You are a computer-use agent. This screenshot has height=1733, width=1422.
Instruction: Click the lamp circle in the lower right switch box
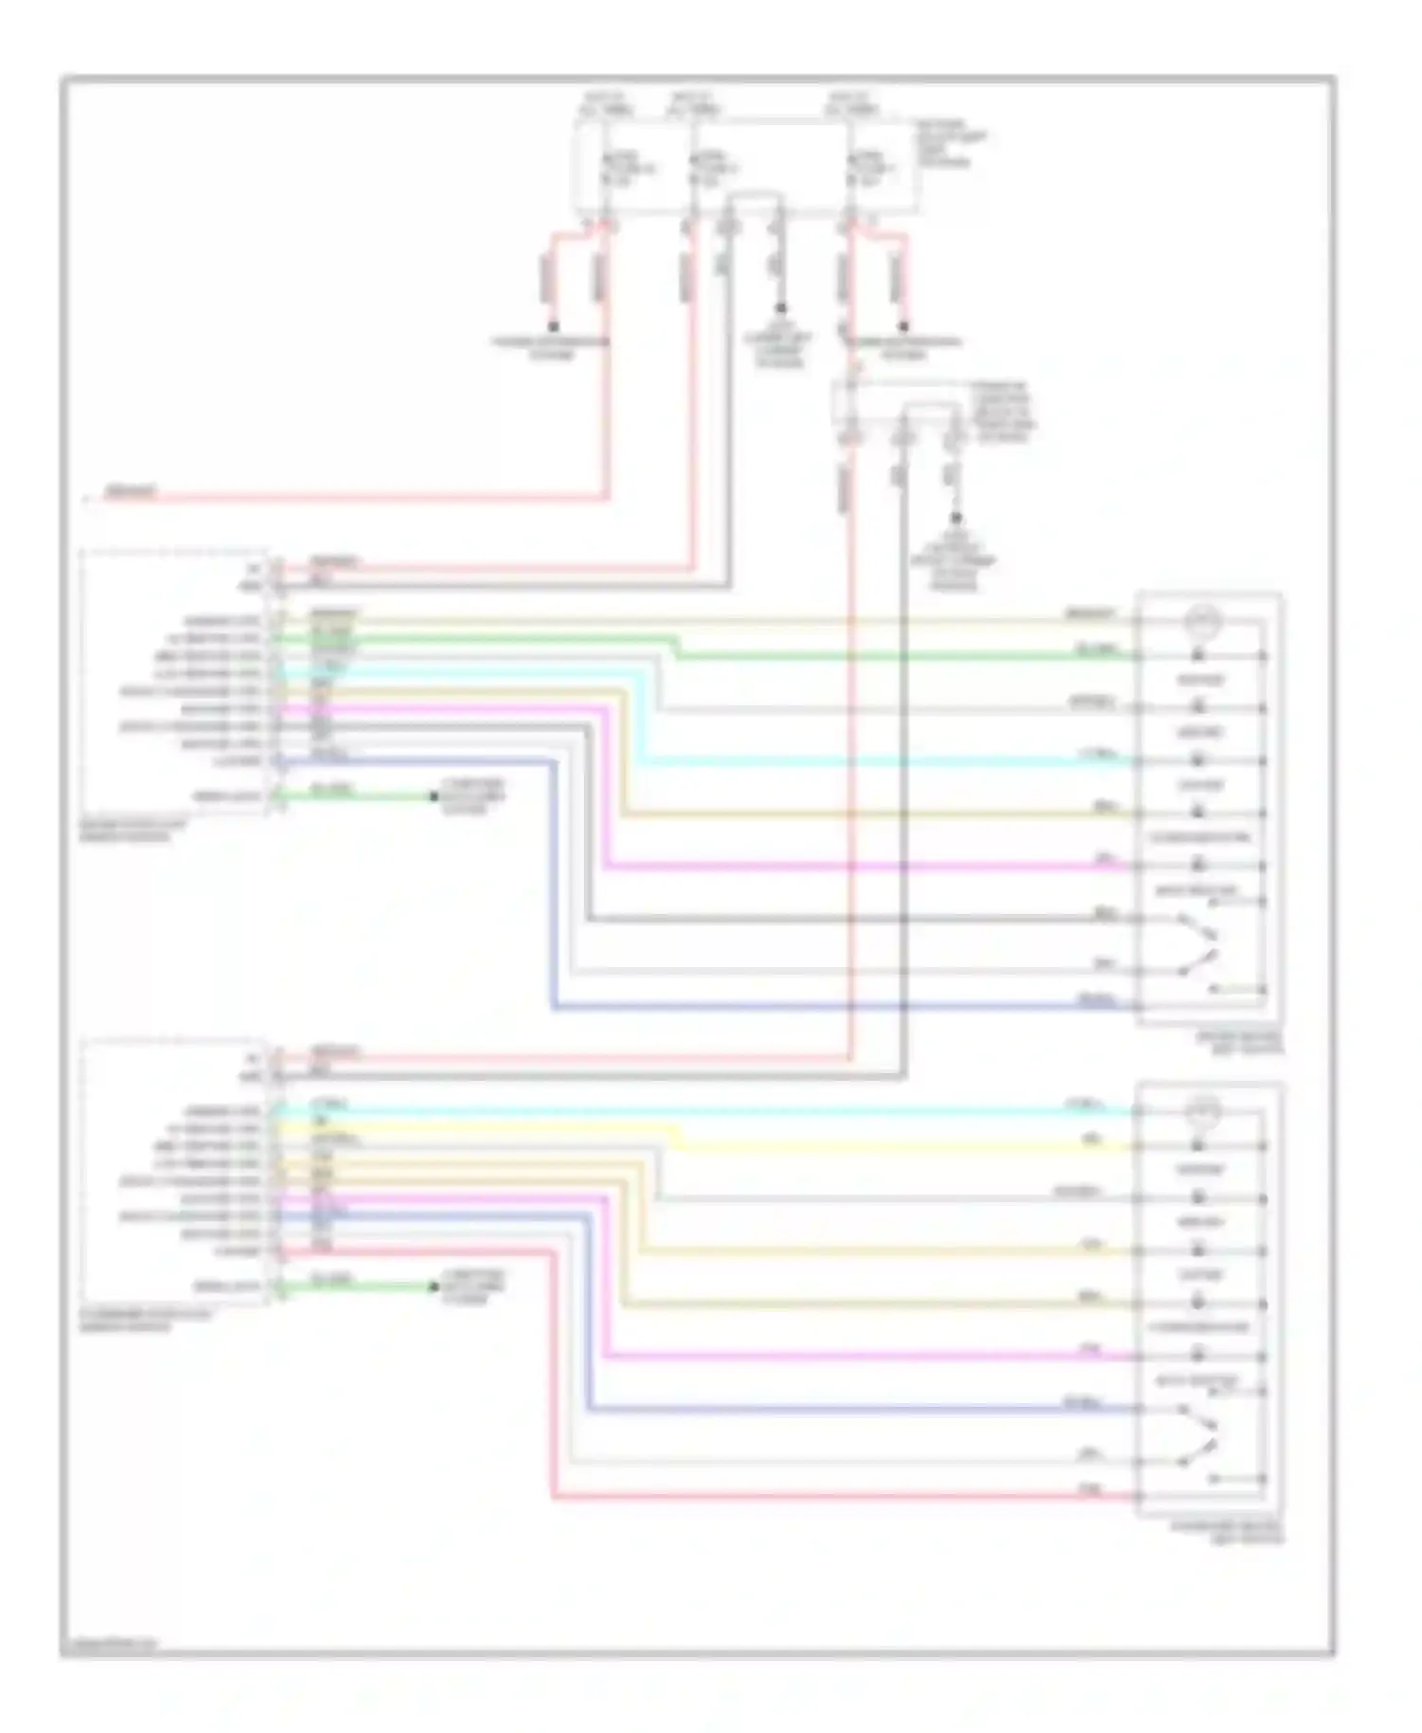1204,1110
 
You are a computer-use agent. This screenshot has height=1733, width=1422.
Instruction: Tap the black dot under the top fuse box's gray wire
781,308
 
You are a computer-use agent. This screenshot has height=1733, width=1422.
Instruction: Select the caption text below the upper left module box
133,831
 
